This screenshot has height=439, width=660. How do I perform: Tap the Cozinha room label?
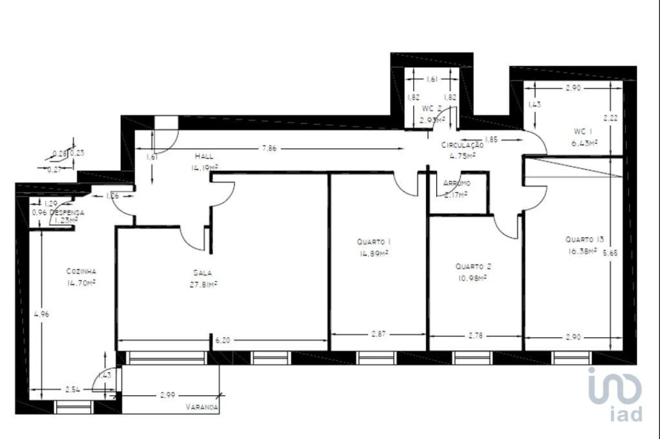coord(81,271)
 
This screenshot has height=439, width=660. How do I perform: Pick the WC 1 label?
coord(583,131)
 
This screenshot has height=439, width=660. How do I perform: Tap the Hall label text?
coord(204,155)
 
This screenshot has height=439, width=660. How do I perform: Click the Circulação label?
coord(463,145)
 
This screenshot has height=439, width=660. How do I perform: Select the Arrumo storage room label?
coord(456,183)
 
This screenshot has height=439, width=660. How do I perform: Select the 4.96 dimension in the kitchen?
coord(41,315)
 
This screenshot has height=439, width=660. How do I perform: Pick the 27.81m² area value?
coord(202,284)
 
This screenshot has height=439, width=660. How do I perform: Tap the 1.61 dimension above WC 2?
coord(432,79)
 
